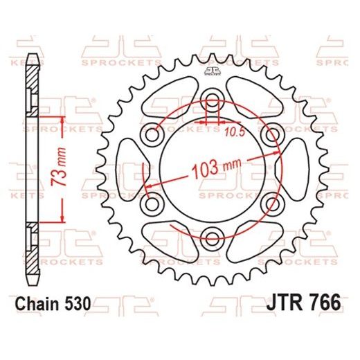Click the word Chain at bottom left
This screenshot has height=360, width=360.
click(x=37, y=303)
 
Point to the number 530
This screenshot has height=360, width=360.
click(x=78, y=303)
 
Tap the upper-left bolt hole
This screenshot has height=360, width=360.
click(x=150, y=133)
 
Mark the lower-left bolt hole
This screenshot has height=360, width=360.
click(x=150, y=204)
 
